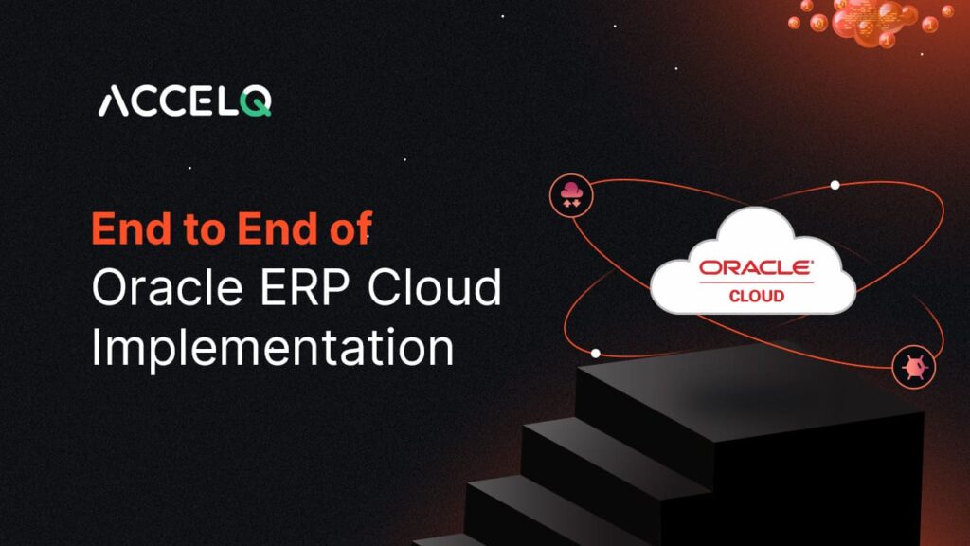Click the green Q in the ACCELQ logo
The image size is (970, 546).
coord(256,101)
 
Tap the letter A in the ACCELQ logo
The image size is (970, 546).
coord(115,101)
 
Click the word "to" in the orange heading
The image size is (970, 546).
coord(210,230)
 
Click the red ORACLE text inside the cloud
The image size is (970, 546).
coord(756,268)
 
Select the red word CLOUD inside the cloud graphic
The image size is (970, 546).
coord(756,296)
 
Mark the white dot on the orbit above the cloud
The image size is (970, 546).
coord(835,185)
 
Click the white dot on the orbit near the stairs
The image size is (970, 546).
coord(595,353)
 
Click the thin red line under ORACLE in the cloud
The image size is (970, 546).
coord(756,282)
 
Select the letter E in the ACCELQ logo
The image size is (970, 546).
coord(199,101)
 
